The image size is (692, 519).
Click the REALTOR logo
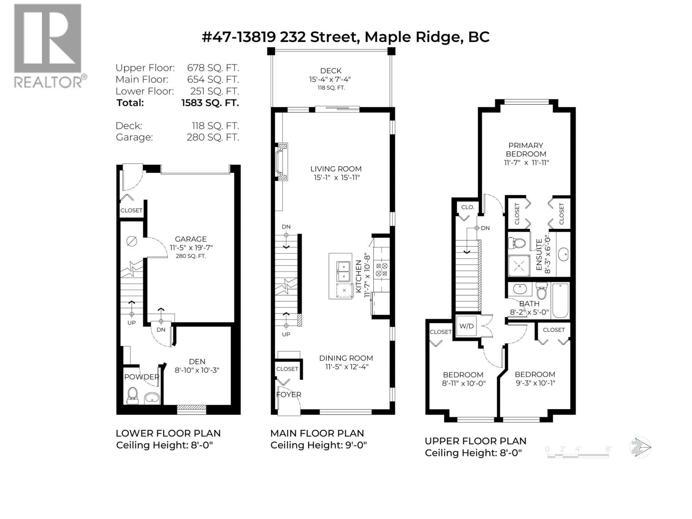click(x=48, y=46)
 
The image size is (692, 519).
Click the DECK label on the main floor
click(x=331, y=71)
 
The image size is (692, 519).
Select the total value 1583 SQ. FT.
click(x=210, y=103)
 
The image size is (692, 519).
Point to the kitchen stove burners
click(x=382, y=270)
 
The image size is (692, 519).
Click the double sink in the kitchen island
click(x=344, y=271)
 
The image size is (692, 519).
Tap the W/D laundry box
click(x=466, y=326)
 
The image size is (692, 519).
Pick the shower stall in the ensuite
click(x=519, y=265)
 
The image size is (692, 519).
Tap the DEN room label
click(x=197, y=362)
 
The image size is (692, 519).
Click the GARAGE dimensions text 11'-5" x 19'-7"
click(x=191, y=247)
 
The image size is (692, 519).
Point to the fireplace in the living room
click(x=281, y=162)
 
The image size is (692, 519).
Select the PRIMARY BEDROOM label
click(x=526, y=150)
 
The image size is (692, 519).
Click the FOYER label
click(x=289, y=394)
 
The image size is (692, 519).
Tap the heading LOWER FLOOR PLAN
click(x=168, y=433)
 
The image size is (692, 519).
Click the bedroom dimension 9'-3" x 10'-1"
click(x=535, y=383)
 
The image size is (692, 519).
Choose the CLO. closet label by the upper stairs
click(x=468, y=207)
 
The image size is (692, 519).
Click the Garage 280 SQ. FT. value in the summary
click(x=212, y=137)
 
